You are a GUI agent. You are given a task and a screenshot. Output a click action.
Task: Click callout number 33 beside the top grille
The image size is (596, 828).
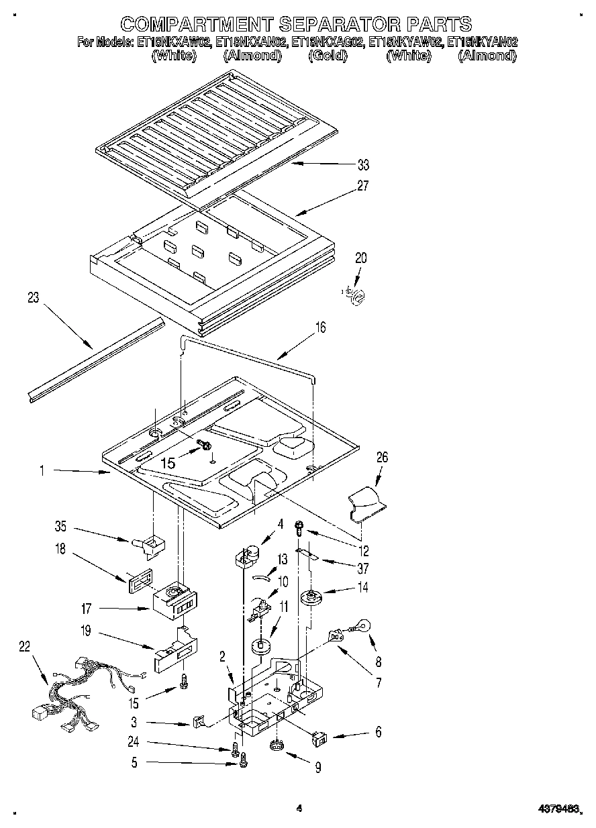(363, 164)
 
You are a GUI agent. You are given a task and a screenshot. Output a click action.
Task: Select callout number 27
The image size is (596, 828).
(363, 186)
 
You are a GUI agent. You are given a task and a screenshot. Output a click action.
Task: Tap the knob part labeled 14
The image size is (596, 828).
(310, 596)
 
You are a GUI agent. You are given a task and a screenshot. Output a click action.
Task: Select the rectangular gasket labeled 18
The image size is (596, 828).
(138, 578)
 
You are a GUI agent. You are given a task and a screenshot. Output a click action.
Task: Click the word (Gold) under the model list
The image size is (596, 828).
(328, 56)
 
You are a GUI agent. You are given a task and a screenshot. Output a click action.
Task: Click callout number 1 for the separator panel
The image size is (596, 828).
(42, 472)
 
